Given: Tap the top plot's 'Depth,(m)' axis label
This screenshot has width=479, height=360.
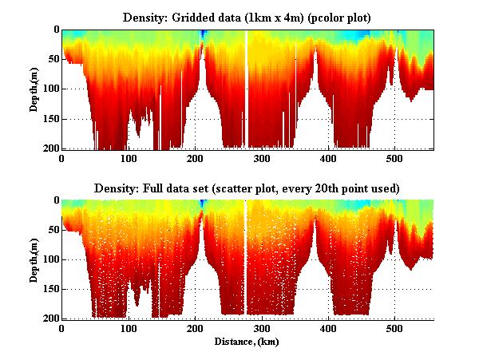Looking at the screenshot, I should [x=34, y=89].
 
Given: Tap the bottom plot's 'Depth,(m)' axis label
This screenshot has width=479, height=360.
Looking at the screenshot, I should [x=34, y=259].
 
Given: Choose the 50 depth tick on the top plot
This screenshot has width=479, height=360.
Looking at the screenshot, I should [x=53, y=59].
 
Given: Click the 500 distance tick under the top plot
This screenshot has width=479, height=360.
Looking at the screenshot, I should [x=395, y=159].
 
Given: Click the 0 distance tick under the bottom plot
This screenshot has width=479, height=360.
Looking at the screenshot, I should [x=61, y=329].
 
